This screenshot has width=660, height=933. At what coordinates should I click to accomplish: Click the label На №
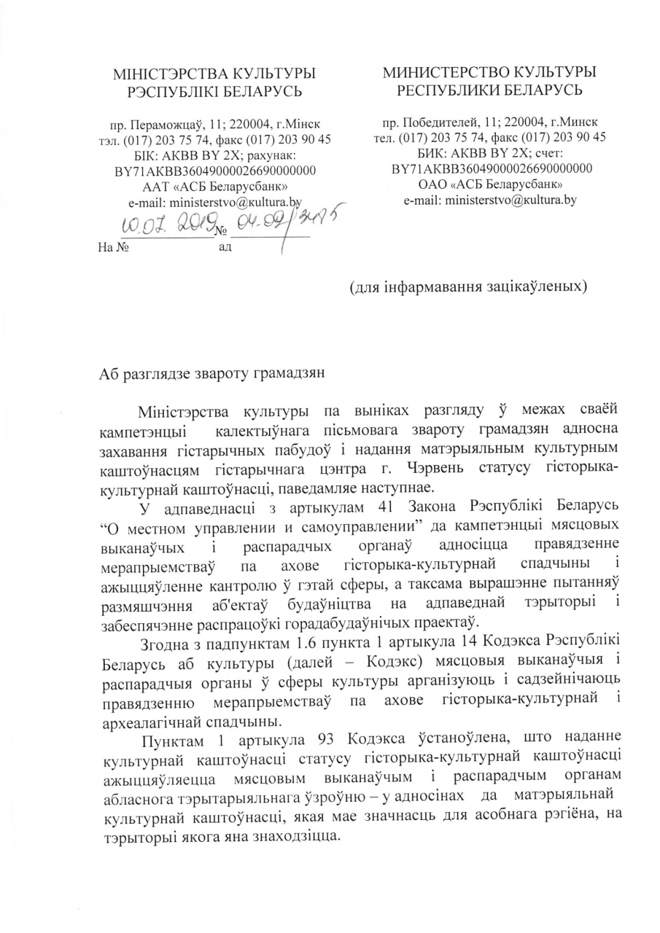click(113, 248)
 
